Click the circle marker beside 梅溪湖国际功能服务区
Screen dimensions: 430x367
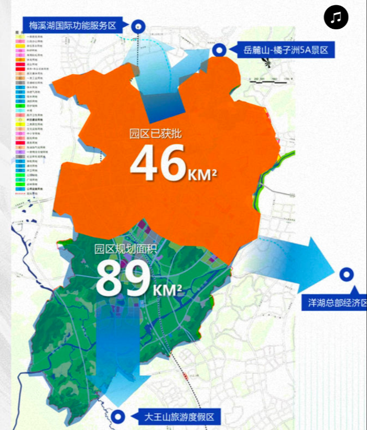click(x=138, y=25)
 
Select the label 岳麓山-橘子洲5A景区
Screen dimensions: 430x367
click(x=286, y=50)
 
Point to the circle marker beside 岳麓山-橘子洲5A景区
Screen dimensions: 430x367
click(x=220, y=50)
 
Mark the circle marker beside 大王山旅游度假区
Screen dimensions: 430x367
click(x=119, y=416)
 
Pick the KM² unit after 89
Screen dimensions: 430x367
click(x=168, y=289)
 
